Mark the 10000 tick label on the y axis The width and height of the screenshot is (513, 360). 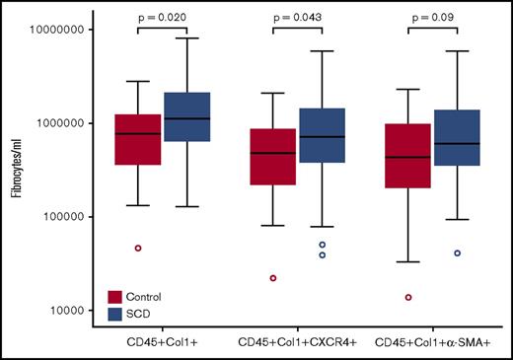(x=65, y=311)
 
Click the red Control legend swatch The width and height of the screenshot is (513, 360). (x=115, y=295)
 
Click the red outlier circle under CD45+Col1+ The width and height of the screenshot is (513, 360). (x=138, y=248)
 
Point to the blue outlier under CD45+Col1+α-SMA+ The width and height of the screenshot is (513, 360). (x=458, y=253)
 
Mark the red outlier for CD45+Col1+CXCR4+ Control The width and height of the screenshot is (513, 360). (x=273, y=278)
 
